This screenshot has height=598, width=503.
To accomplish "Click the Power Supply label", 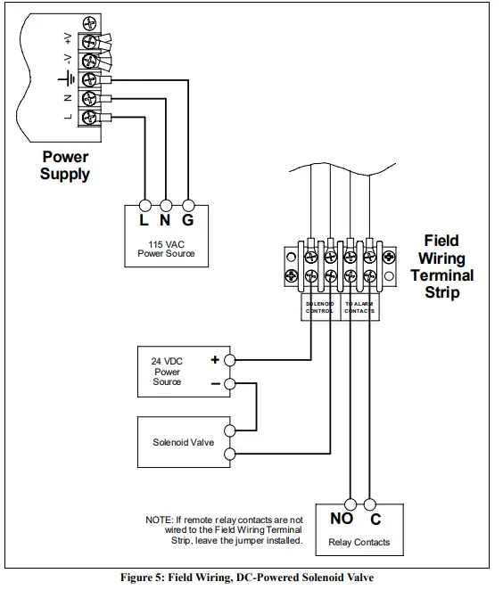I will tap(65, 166).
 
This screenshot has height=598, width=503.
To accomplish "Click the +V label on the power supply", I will tap(68, 37).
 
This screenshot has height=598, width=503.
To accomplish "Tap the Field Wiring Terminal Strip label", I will tap(441, 266).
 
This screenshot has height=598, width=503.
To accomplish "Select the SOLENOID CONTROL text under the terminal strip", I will tap(319, 307).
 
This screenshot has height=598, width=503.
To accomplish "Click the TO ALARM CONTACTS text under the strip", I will tap(359, 307).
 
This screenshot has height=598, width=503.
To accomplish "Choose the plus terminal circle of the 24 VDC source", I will tap(231, 360).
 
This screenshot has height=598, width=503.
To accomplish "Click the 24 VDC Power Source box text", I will tap(167, 372).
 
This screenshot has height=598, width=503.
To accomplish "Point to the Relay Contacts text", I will tap(359, 542).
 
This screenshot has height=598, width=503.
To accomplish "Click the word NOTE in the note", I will tap(161, 519).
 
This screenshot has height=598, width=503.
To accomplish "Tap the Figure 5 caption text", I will tap(252, 578).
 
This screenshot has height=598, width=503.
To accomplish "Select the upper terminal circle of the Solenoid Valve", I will tap(231, 430).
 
